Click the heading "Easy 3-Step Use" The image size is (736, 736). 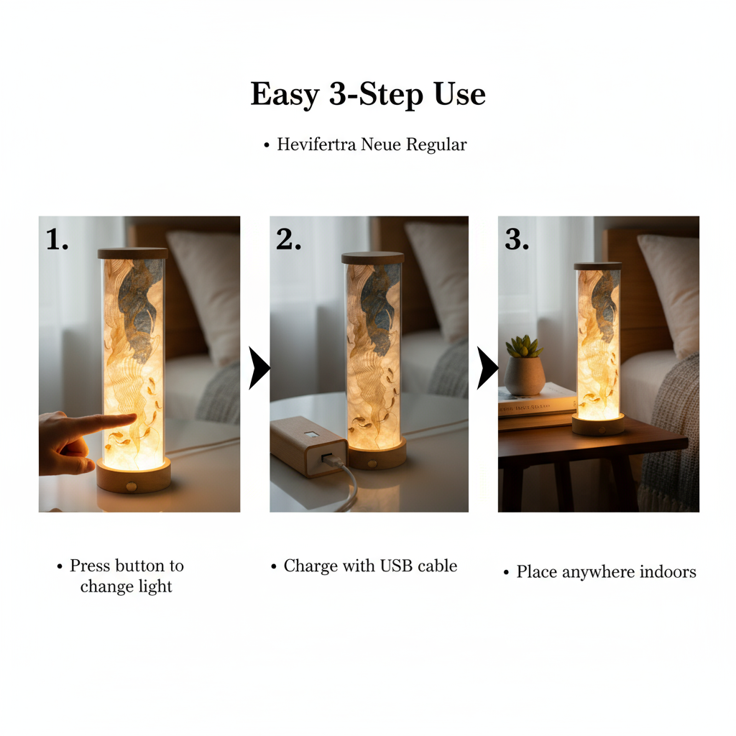pyautogui.click(x=368, y=95)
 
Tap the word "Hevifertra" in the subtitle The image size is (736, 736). pyautogui.click(x=317, y=144)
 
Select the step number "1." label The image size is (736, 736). pyautogui.click(x=57, y=240)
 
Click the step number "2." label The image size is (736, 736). pyautogui.click(x=288, y=241)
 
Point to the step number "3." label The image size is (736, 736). pyautogui.click(x=517, y=241)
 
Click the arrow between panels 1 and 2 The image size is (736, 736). pyautogui.click(x=259, y=368)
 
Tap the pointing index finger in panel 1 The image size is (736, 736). pyautogui.click(x=108, y=423)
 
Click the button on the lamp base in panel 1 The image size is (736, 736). pyautogui.click(x=131, y=487)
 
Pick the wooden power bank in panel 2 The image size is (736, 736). pyautogui.click(x=308, y=446)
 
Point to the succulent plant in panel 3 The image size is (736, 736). pyautogui.click(x=523, y=347)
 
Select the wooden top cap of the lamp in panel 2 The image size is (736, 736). pyautogui.click(x=372, y=258)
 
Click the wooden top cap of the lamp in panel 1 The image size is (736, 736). pyautogui.click(x=133, y=253)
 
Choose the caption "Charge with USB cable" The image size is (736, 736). pyautogui.click(x=370, y=566)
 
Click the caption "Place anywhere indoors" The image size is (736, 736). pyautogui.click(x=606, y=572)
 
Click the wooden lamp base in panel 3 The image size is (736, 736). pyautogui.click(x=598, y=424)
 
